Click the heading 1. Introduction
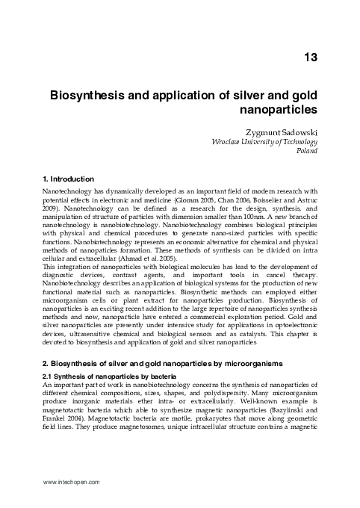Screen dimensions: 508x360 (x=67, y=179)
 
